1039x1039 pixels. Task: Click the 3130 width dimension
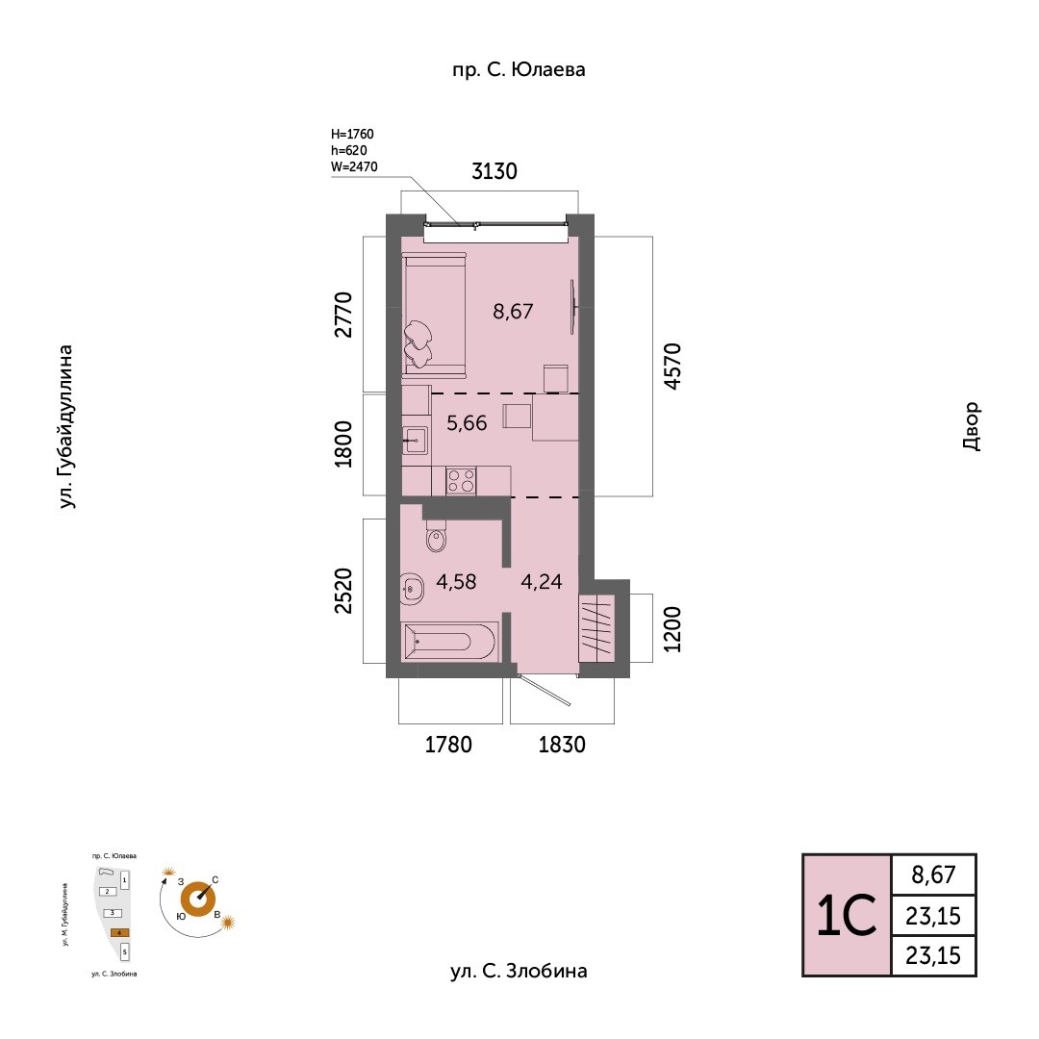point(494,172)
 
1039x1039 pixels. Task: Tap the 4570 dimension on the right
point(672,366)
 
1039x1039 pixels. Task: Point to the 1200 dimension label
point(672,629)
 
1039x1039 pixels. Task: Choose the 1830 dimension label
point(561,745)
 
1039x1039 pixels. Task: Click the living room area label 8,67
point(513,311)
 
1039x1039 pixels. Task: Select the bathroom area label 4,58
point(456,581)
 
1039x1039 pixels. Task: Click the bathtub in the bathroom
point(449,642)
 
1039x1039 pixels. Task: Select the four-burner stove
point(461,479)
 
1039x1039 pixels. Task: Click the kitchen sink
point(416,442)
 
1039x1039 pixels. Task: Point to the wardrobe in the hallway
point(596,628)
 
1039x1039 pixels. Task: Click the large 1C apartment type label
point(847,916)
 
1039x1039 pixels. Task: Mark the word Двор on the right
point(970,426)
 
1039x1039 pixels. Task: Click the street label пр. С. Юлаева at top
point(518,69)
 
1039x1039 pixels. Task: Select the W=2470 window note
point(354,166)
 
